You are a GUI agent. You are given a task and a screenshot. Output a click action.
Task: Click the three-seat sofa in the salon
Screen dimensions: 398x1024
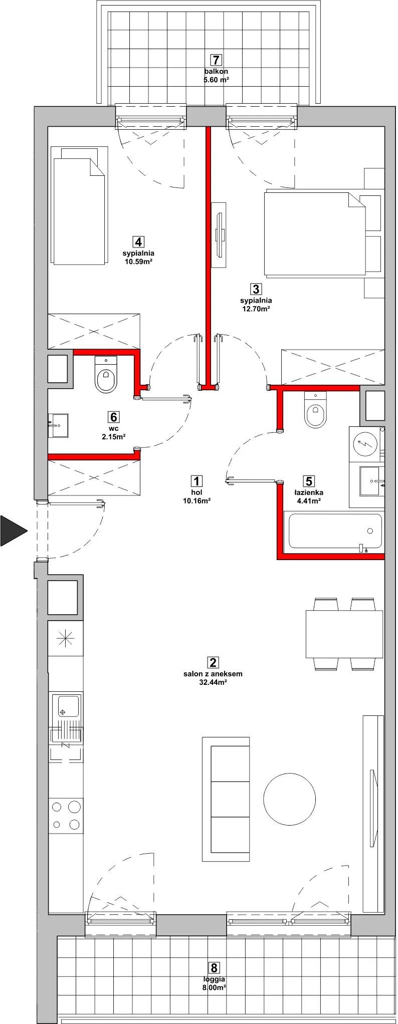(226, 799)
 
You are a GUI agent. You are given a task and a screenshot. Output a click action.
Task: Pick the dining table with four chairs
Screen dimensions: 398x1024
(344, 634)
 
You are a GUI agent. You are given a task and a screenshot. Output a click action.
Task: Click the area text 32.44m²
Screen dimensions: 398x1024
(213, 682)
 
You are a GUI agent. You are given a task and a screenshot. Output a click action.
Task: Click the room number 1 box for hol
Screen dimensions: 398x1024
(196, 481)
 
